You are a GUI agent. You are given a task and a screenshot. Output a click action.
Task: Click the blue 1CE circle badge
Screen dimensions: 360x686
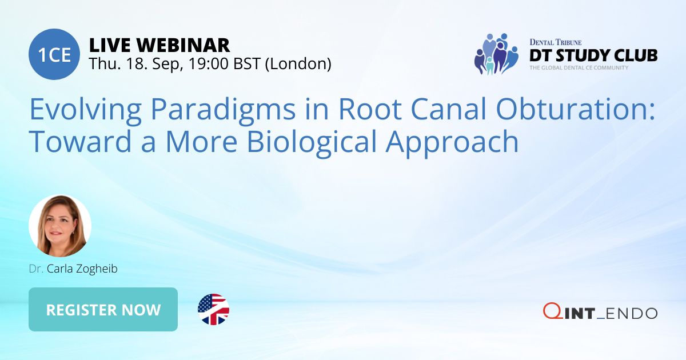[54, 55]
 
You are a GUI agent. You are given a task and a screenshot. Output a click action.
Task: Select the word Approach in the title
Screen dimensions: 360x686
[452, 142]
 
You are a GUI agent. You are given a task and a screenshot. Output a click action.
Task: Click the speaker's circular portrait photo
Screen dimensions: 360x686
[60, 226]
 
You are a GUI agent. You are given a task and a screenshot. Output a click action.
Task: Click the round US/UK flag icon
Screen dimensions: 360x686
[213, 309]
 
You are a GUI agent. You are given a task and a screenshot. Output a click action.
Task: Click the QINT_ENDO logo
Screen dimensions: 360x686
[600, 312]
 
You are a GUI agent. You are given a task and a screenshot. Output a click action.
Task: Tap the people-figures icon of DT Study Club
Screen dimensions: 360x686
[495, 54]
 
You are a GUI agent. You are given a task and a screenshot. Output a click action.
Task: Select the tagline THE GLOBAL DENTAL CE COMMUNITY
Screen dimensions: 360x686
[579, 67]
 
